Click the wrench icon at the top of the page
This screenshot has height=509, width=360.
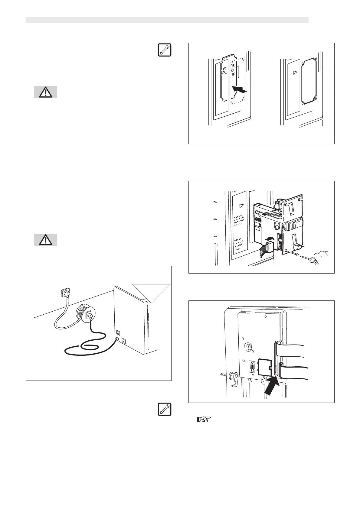tap(164, 50)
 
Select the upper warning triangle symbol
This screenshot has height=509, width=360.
tap(45, 92)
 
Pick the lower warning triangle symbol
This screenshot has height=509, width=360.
tap(45, 240)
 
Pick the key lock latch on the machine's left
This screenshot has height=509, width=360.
tap(233, 378)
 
